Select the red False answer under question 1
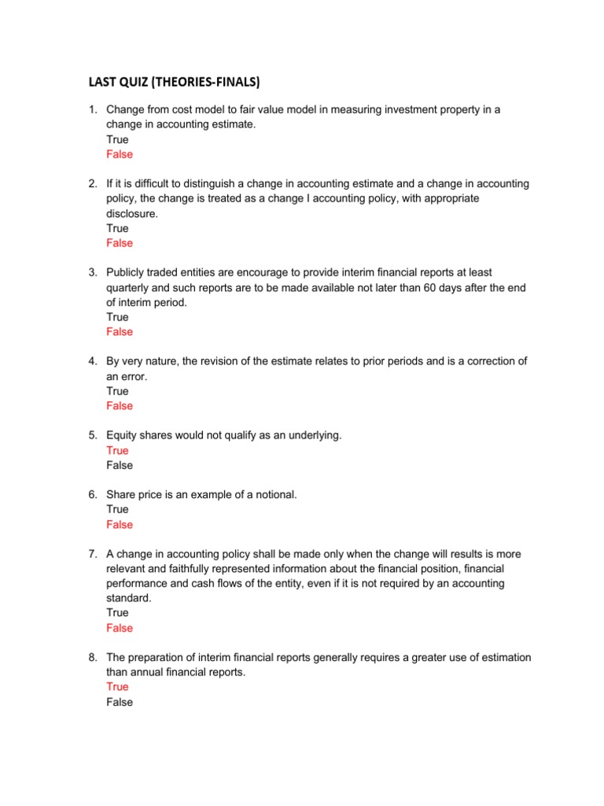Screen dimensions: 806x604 (x=120, y=154)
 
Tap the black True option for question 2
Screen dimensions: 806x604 (x=117, y=228)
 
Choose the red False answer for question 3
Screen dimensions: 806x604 (x=120, y=332)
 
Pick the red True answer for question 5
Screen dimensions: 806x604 (x=117, y=450)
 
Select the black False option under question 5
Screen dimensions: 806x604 (x=120, y=465)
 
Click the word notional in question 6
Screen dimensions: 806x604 (x=274, y=494)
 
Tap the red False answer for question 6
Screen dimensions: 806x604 (x=120, y=524)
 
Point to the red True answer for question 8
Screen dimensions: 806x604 (x=117, y=686)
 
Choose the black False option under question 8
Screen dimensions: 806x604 (x=120, y=701)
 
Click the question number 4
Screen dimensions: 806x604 (x=92, y=361)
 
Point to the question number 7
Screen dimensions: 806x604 (x=92, y=554)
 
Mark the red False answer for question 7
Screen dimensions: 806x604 (x=120, y=628)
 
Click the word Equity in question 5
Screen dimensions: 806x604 (x=122, y=435)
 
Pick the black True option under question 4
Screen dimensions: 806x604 (x=117, y=391)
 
